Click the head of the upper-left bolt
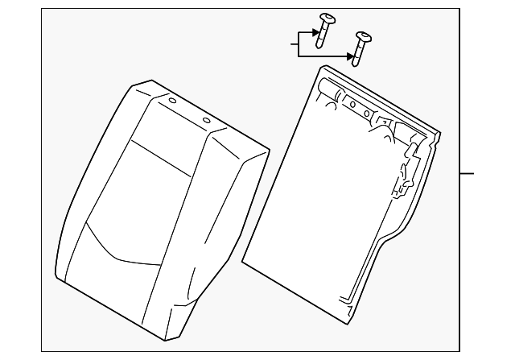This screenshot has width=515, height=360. [328, 18]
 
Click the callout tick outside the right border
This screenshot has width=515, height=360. [468, 173]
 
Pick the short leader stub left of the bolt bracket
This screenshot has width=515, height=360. [294, 45]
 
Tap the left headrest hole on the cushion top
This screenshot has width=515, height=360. [171, 102]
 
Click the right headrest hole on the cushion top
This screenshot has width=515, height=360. [206, 122]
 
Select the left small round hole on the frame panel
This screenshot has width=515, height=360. [352, 104]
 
